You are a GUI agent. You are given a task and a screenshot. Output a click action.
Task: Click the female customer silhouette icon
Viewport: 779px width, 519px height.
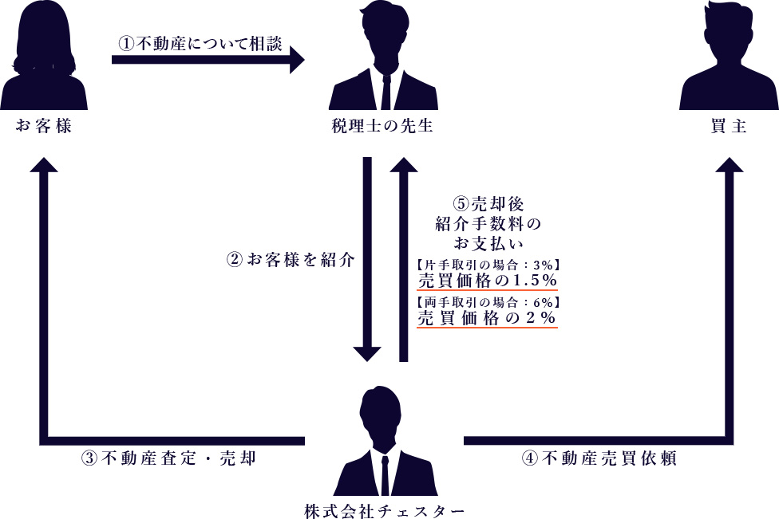(44, 57)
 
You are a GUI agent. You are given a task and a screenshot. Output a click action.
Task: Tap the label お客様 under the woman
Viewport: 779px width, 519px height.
(44, 125)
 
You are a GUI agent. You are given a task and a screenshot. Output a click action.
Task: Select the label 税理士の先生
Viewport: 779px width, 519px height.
(382, 125)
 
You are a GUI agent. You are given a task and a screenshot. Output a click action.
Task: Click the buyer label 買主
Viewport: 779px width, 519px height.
(728, 125)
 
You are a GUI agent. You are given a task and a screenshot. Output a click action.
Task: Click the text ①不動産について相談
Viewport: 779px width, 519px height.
(200, 44)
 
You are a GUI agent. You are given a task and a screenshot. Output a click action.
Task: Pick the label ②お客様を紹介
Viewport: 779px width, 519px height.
(291, 260)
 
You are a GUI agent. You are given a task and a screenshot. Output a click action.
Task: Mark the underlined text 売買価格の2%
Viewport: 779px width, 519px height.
(487, 317)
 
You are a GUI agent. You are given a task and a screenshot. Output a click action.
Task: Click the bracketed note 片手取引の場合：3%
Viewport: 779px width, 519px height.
(487, 263)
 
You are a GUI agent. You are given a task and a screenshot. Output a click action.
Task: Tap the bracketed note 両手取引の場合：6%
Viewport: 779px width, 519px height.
(487, 301)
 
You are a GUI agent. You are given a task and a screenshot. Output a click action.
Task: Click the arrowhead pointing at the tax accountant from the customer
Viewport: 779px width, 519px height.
(298, 60)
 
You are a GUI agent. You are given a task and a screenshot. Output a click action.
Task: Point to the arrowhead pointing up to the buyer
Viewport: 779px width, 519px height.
(728, 165)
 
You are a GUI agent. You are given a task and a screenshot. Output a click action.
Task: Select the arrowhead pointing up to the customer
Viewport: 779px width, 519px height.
(44, 165)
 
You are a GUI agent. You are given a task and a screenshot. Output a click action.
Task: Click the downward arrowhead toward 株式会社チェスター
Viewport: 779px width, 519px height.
(368, 354)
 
